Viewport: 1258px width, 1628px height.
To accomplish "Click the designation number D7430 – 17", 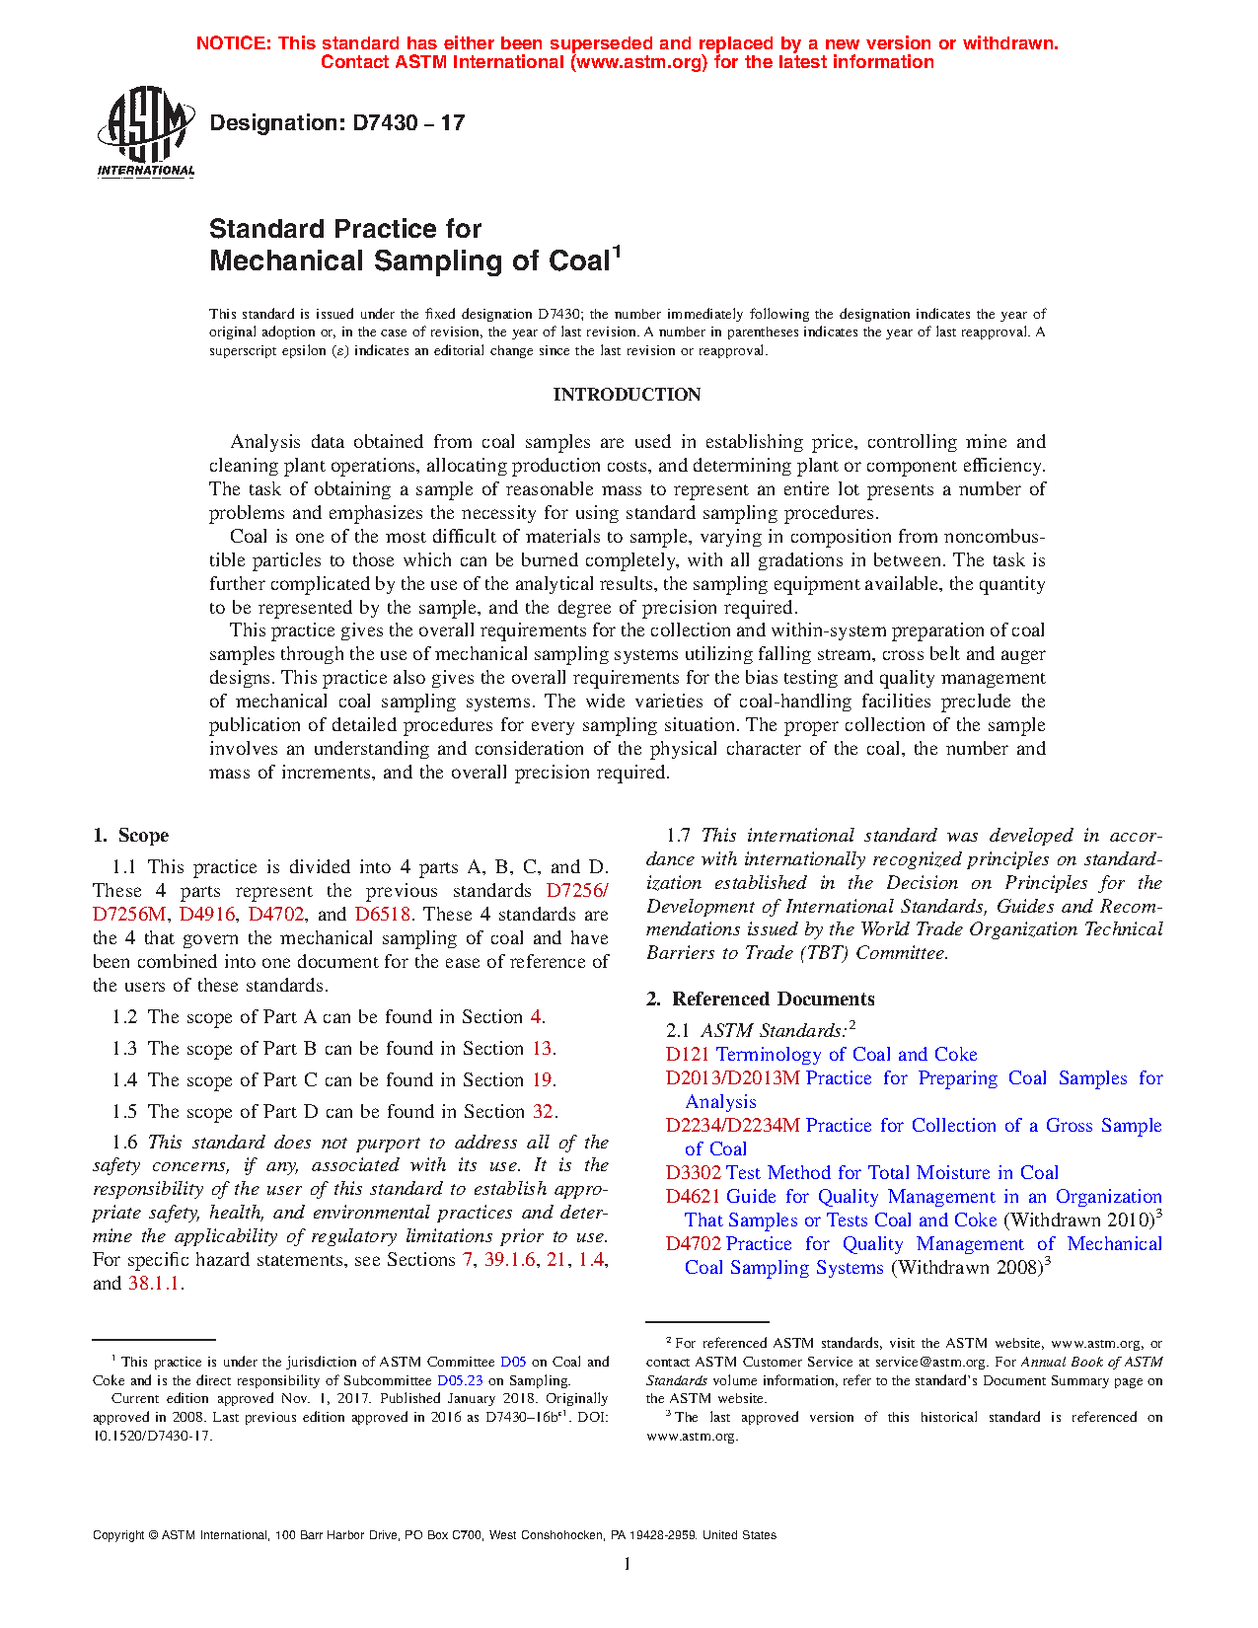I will click(336, 123).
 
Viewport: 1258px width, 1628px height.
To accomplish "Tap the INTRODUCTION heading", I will click(627, 395).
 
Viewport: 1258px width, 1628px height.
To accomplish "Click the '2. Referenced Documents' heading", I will click(761, 999).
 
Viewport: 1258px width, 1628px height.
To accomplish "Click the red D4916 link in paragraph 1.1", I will click(206, 915).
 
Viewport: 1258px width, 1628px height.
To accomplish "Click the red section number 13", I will click(542, 1049).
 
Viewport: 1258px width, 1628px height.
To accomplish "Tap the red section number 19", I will click(542, 1080).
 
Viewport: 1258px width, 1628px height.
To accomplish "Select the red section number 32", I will click(543, 1112).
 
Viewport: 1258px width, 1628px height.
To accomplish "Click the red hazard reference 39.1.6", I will click(509, 1260).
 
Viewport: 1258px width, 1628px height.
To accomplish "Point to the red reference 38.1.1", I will click(154, 1284).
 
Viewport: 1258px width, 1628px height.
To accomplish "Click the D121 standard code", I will click(688, 1055).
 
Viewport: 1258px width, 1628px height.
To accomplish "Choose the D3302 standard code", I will click(694, 1173).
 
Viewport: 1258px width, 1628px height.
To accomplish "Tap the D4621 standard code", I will click(694, 1197).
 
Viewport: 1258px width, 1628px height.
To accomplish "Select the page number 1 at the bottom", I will click(628, 1564).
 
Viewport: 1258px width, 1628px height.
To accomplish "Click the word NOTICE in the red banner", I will click(233, 43).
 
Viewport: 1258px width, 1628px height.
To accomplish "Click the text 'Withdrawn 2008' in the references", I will click(967, 1268).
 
